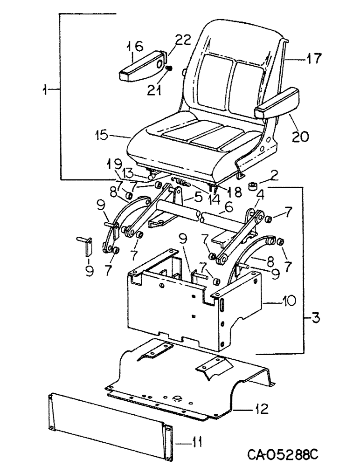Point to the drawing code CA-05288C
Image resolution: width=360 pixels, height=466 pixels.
point(280,453)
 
